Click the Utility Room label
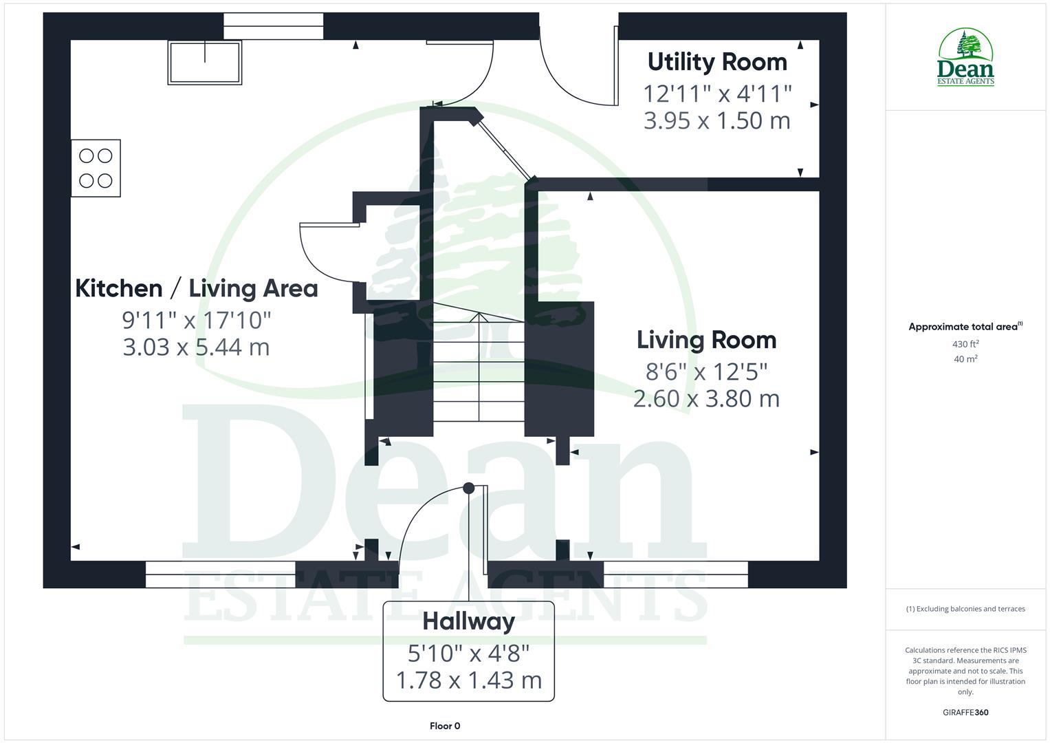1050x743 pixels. pos(717,62)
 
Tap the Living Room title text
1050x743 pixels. pos(706,340)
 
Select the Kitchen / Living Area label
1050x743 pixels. pos(196,288)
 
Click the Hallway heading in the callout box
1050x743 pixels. pos(468,621)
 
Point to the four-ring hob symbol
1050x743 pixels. pos(96,169)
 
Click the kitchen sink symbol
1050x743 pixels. pos(205,63)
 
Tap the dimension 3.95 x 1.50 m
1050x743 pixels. pos(717,120)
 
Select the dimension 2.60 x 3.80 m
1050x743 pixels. pos(706,398)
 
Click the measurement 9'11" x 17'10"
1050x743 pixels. pos(196,319)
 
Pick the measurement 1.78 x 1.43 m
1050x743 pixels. pos(468,680)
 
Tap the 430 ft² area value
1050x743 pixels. pos(965,344)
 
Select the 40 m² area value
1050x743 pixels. pos(965,358)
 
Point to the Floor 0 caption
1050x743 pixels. pos(445,726)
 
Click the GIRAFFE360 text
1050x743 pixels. pos(965,712)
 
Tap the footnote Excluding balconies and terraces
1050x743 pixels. pos(965,609)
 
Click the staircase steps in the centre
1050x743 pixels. pos(479,371)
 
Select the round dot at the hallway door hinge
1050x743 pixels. pos(468,488)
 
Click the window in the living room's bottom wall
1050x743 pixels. pos(675,574)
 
